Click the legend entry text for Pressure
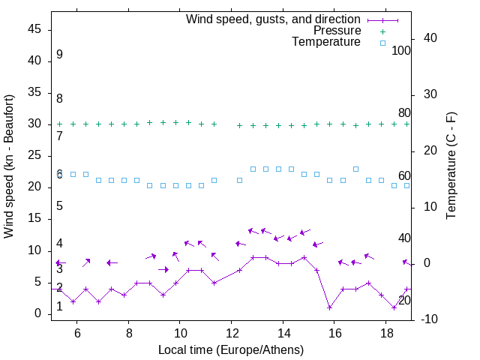coord(337,31)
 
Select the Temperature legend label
coord(326,42)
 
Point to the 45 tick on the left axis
coord(35,29)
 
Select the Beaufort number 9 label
coord(59,55)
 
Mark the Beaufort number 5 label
coord(59,206)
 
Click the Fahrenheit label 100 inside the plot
coord(401,51)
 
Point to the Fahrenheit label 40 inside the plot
coord(404,238)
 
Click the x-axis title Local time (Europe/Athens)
coord(231,349)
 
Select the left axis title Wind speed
coord(9,166)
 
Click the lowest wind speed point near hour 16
coord(330,307)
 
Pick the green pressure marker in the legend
coord(382,31)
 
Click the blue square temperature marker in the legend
coord(382,43)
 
